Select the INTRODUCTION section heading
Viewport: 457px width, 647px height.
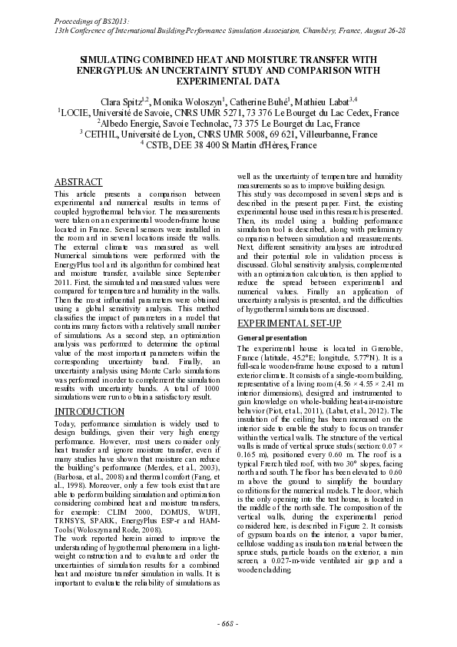point(89,412)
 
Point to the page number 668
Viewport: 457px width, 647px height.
point(228,621)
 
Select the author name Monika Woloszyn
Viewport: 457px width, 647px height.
point(204,101)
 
